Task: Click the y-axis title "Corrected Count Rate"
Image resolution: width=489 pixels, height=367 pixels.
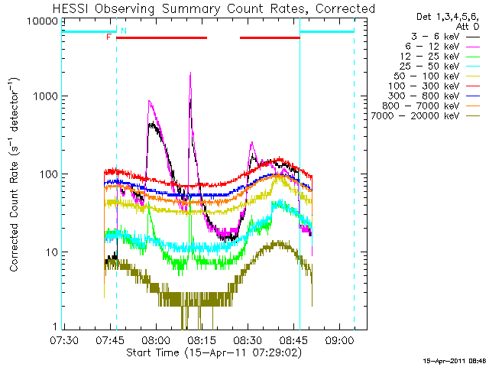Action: (15, 176)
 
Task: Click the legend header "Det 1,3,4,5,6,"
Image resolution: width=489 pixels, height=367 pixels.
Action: (442, 16)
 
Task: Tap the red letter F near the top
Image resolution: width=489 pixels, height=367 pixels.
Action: (108, 37)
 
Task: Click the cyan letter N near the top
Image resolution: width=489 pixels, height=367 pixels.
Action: (123, 31)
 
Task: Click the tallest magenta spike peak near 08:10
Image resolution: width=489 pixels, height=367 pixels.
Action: (190, 74)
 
